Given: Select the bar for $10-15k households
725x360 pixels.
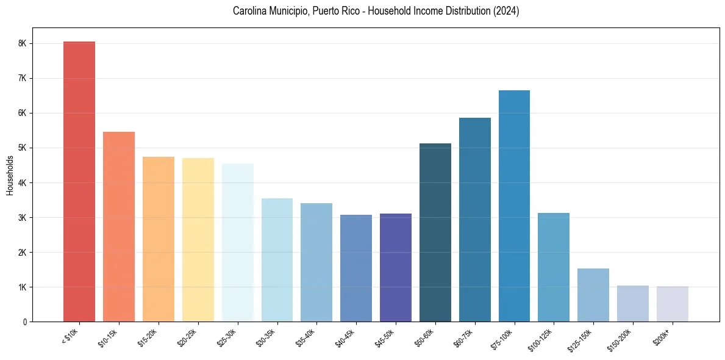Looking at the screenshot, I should [119, 226].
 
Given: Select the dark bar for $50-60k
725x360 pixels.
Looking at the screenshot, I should [435, 232].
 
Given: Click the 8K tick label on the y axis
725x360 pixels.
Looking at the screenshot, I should [22, 44].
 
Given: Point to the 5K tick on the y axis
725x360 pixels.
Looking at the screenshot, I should [22, 148].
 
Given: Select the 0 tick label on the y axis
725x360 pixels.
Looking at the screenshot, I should [25, 322].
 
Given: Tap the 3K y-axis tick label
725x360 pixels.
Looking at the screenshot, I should [22, 218].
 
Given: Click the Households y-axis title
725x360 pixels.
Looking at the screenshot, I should [10, 175].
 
